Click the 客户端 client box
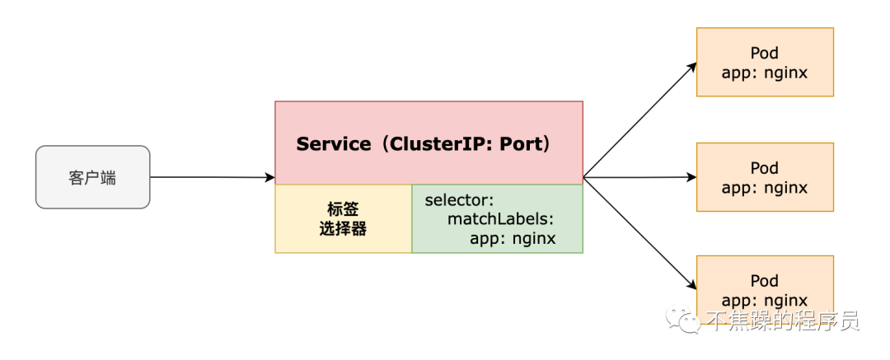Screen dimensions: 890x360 coord(93,177)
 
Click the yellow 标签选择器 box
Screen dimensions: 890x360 coord(344,218)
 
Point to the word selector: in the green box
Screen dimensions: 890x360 coord(459,200)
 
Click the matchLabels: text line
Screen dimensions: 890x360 coord(500,219)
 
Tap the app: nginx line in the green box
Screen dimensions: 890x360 coord(513,238)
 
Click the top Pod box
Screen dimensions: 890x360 coord(765,62)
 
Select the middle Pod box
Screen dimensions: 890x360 coord(765,177)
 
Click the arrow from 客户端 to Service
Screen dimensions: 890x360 coord(213,177)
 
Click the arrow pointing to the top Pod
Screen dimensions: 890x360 coord(640,119)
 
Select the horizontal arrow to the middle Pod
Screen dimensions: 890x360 coord(640,177)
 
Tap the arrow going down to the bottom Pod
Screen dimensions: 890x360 coord(640,233)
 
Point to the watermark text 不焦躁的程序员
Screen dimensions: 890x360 coord(784,320)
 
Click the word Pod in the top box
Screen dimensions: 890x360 coord(765,53)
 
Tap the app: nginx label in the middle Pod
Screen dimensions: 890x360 coord(765,187)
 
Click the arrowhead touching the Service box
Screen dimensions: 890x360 coord(270,178)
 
